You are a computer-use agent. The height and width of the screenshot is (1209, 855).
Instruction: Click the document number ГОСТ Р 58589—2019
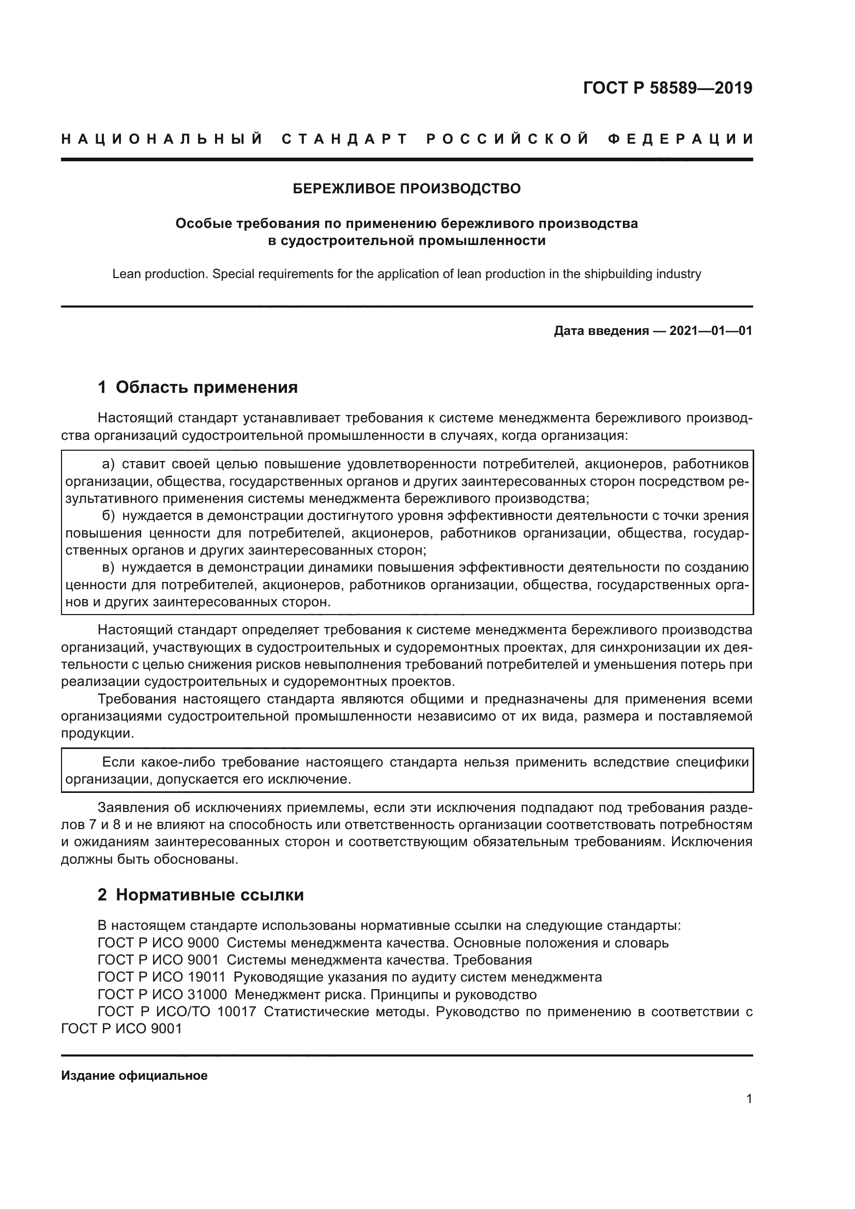click(667, 88)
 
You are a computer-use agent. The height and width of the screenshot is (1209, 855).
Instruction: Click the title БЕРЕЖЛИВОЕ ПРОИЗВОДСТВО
click(406, 189)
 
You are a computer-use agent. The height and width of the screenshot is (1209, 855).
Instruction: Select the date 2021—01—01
click(710, 331)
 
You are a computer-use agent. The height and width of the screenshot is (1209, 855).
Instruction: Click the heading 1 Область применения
click(197, 388)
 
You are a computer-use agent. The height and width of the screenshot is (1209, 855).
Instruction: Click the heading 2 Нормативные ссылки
click(201, 895)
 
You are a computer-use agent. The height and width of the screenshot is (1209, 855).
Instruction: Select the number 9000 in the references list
click(203, 943)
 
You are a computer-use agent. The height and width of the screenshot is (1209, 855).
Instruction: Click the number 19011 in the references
click(206, 977)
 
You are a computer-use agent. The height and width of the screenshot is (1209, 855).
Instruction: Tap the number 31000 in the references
click(207, 994)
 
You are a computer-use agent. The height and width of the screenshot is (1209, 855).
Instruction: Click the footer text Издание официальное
click(134, 1076)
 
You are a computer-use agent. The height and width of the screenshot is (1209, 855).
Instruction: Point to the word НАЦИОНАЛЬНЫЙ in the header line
click(162, 139)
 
